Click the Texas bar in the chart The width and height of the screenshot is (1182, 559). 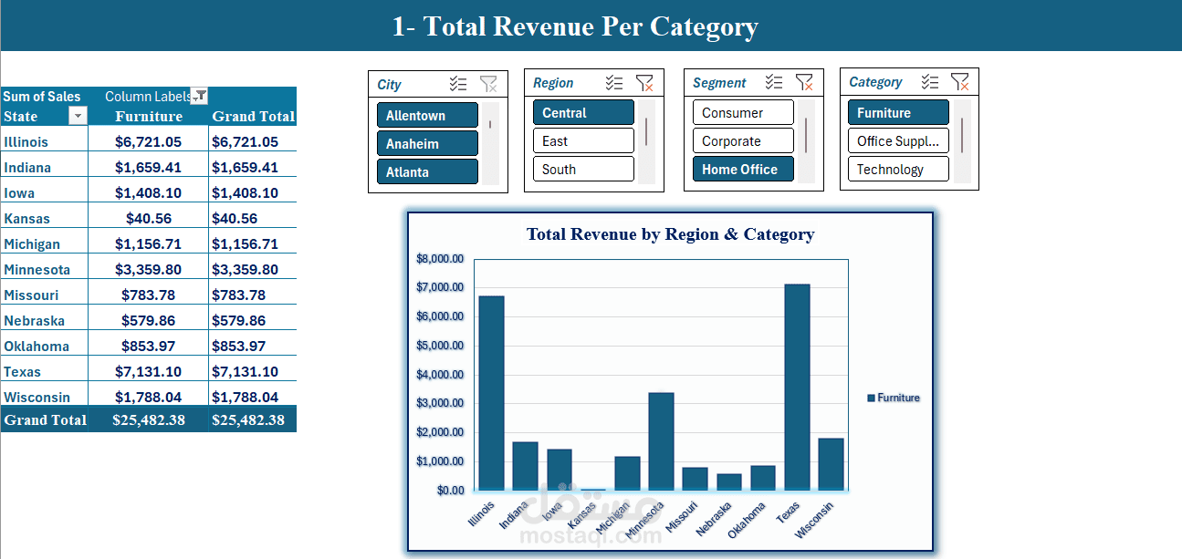coord(797,388)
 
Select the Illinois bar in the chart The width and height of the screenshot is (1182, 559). coord(491,393)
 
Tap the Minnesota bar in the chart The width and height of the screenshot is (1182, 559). coord(661,441)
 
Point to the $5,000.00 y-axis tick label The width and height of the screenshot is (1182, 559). coord(440,346)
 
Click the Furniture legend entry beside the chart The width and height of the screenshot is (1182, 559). coord(894,398)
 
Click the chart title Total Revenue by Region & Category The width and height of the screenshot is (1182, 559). coord(670,234)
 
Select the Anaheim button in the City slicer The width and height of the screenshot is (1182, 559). coord(427,144)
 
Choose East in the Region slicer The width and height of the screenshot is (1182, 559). coord(583,141)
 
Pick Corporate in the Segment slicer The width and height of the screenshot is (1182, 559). coord(743,141)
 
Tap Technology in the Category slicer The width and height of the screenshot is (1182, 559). coord(898,170)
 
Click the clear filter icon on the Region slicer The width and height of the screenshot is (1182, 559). coord(644,83)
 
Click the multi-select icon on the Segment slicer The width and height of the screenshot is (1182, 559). coord(774,83)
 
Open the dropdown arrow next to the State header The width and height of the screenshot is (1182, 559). coord(78,116)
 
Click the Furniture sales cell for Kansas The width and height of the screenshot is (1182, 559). coord(148,219)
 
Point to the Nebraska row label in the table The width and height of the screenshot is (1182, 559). coord(34,321)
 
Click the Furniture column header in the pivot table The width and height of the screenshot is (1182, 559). coord(149,117)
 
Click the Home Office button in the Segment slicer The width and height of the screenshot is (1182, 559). coord(743,170)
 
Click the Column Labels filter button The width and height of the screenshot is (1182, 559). coord(199,97)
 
